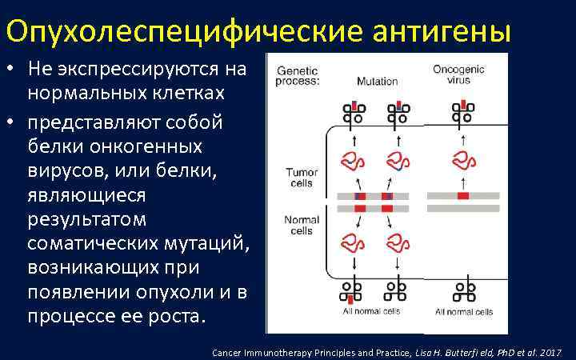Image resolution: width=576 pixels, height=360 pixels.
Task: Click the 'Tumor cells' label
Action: tap(302, 178)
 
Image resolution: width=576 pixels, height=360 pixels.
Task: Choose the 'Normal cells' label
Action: tap(302, 225)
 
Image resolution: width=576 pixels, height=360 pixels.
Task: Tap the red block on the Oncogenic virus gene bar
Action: tap(462, 196)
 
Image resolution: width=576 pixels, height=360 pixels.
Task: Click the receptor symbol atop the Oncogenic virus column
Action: tap(462, 112)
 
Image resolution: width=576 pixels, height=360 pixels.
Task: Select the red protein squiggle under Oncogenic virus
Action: tap(462, 160)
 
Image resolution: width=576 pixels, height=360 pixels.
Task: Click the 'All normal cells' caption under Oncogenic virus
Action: tap(464, 311)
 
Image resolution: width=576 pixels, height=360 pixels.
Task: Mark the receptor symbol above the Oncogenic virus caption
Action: tap(462, 290)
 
